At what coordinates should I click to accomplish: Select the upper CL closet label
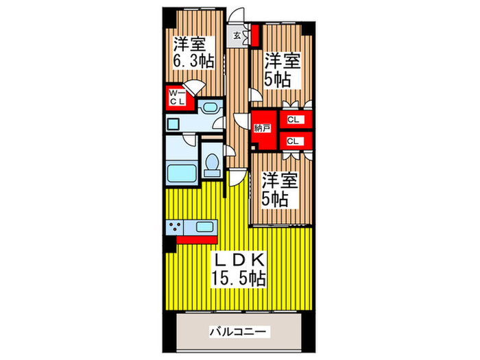coord(293,121)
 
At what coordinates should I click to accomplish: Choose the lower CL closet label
coord(293,141)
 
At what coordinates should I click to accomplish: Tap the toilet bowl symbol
coord(213,164)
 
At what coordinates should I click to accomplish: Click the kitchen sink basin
coord(205,228)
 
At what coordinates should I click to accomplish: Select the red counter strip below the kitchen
coord(197,239)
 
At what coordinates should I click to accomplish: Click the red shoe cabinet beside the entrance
coord(254,33)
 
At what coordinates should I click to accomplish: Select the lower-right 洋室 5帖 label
coord(280,190)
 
